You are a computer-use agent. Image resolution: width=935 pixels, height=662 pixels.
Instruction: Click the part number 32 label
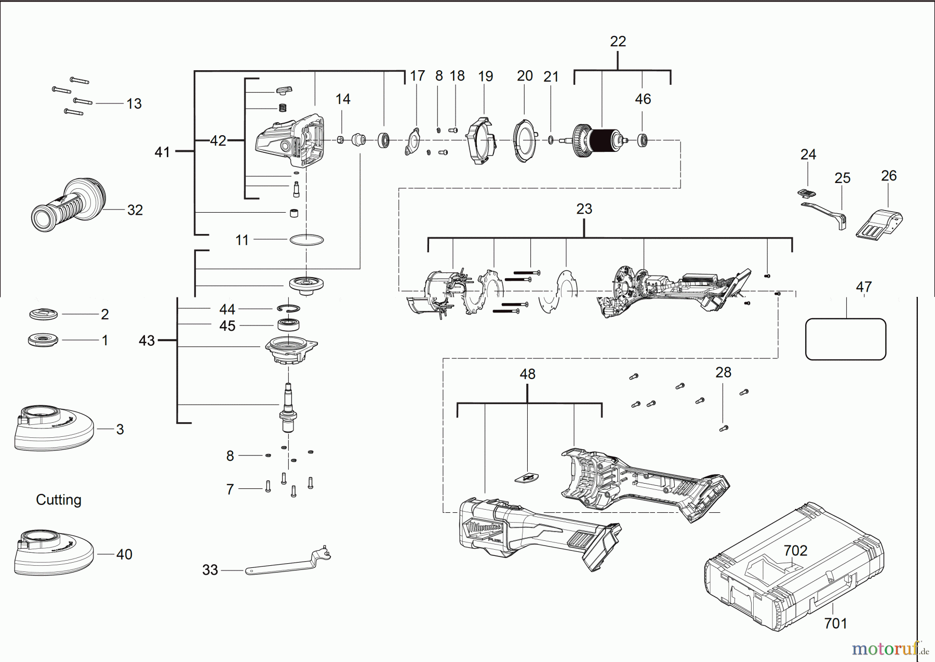click(x=135, y=210)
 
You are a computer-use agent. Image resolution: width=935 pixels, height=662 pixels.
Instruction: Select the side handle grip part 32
click(x=68, y=205)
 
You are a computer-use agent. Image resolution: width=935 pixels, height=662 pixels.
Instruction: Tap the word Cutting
click(x=59, y=500)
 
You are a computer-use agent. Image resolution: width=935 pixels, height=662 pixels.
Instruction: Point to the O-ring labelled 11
click(x=306, y=240)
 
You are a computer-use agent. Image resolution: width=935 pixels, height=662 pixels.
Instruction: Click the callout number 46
click(x=643, y=99)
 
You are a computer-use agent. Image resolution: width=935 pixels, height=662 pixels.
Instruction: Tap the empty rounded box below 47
click(x=845, y=339)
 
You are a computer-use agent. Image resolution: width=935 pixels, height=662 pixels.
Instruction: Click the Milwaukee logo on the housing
click(x=484, y=529)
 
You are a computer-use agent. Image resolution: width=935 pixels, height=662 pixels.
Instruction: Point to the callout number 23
click(x=584, y=209)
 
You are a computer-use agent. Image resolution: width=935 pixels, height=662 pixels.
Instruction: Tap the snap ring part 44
click(x=288, y=308)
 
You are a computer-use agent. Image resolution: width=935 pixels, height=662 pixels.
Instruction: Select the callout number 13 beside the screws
click(x=134, y=103)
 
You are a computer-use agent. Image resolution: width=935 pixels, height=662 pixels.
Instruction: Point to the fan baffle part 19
click(x=481, y=142)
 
